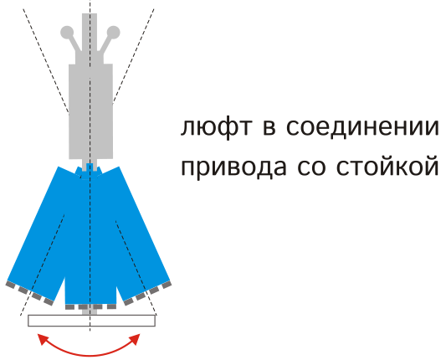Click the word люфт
(216, 127)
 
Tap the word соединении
(362, 127)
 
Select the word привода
(233, 168)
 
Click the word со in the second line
(311, 167)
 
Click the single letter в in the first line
(269, 127)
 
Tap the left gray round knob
(67, 32)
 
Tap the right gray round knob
(113, 32)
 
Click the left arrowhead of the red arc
(43, 339)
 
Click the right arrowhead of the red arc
(135, 339)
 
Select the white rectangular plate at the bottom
(91, 321)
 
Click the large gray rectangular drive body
(90, 111)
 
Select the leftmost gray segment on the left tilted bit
(10, 285)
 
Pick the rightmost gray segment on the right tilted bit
(167, 285)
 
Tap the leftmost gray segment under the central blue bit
(69, 306)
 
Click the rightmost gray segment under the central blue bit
(111, 306)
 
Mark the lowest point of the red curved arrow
(90, 356)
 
